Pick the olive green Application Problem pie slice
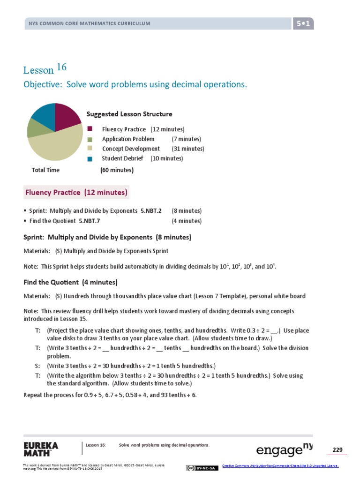[x=34, y=128]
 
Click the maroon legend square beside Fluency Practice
[x=90, y=129]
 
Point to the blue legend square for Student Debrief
[x=90, y=159]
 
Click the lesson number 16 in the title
[x=62, y=67]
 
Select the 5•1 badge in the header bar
[x=303, y=23]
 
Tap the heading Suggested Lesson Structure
[x=129, y=114]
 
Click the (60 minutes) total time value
[x=117, y=170]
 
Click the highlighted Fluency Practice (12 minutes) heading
[x=76, y=193]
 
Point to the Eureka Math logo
[x=41, y=449]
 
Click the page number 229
[x=337, y=450]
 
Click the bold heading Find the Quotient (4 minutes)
[x=70, y=282]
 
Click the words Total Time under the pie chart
[x=45, y=170]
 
